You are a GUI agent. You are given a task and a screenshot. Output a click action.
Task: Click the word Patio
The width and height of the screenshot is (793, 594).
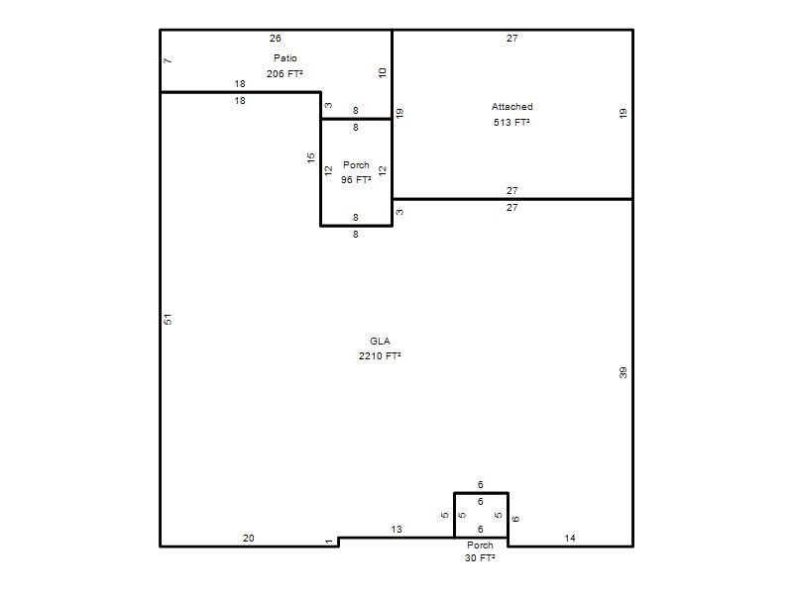click(x=285, y=58)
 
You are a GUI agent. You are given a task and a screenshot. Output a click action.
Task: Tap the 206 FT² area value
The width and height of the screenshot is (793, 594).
click(x=284, y=73)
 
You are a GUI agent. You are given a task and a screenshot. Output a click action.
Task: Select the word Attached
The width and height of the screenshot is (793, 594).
click(x=511, y=107)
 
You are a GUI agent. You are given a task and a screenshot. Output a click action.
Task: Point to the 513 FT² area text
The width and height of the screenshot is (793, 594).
click(x=511, y=122)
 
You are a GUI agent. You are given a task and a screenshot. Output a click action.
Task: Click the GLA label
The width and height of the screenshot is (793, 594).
click(x=380, y=341)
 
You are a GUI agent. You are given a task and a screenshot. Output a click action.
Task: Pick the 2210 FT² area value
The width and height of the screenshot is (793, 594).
click(x=380, y=356)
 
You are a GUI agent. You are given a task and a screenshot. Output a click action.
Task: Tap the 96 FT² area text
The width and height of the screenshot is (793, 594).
click(x=356, y=180)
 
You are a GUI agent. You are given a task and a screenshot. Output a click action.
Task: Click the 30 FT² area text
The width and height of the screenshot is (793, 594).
click(x=480, y=558)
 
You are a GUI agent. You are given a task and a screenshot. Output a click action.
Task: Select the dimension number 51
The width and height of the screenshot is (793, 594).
click(x=168, y=319)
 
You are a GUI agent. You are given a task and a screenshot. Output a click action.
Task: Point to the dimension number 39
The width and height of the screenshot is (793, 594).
click(x=623, y=373)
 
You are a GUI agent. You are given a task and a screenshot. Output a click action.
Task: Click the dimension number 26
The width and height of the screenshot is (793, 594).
click(x=276, y=39)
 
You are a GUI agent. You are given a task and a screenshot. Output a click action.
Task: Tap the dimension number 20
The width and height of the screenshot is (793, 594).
click(x=249, y=539)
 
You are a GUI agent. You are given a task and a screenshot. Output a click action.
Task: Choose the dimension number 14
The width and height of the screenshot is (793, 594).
click(x=570, y=539)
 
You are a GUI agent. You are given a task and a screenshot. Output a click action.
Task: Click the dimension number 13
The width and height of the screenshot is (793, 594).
click(x=396, y=530)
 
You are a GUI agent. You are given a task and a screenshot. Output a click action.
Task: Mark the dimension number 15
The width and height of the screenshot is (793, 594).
click(x=311, y=157)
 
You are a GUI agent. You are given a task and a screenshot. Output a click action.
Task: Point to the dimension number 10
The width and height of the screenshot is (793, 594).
click(x=383, y=72)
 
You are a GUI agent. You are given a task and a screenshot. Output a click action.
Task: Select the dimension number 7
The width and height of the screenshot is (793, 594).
click(x=168, y=60)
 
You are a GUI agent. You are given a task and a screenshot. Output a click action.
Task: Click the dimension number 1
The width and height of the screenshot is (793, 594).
click(x=329, y=542)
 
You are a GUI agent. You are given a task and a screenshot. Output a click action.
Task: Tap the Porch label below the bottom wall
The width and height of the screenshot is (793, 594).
click(x=480, y=545)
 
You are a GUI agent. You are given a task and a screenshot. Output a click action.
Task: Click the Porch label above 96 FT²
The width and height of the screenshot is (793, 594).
click(x=356, y=165)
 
